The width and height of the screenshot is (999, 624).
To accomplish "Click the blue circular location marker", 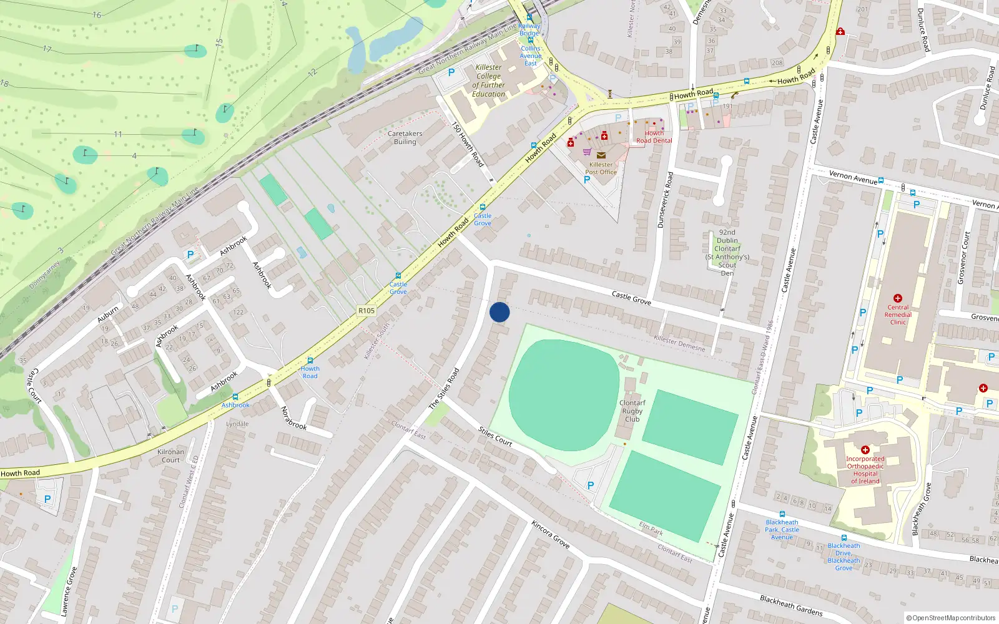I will point(499,312).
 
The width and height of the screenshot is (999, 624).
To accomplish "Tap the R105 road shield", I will point(367,311).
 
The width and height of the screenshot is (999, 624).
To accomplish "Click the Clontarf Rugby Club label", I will point(632,411).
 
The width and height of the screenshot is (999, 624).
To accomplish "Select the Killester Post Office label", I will point(601,168).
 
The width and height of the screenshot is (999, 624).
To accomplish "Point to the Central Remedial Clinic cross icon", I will point(898,298).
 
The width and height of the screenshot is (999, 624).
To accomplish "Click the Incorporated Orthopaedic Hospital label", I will point(865,470).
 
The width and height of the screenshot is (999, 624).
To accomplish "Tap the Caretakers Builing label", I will point(405,138).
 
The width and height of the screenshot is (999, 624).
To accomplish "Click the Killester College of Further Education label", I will point(488,80).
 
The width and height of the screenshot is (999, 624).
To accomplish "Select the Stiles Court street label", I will point(495,436).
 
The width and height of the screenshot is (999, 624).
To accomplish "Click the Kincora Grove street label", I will point(551,534).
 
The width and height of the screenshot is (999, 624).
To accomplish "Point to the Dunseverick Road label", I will point(665,200).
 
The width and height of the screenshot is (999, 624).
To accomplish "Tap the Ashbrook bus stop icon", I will point(235,397).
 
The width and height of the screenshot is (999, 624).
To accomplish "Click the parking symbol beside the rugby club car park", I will point(591,485).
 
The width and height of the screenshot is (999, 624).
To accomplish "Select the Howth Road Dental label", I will point(654,137).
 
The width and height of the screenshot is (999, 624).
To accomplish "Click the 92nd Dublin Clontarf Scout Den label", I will point(727,252).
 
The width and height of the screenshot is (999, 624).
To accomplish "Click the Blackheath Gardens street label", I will point(791,605).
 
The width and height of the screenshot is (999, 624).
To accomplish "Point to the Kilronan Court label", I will point(170,456).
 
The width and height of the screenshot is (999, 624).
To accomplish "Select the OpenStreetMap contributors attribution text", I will point(951,618).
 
